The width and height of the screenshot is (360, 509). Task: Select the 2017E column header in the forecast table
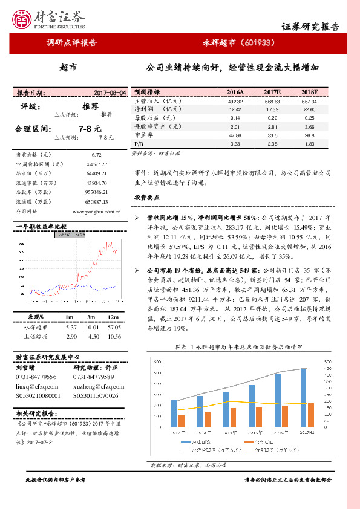click(x=272, y=91)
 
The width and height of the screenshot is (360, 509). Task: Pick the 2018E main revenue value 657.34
click(x=309, y=101)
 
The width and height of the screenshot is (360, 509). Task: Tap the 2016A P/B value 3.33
click(x=235, y=144)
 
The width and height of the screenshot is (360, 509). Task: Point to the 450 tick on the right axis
click(x=328, y=368)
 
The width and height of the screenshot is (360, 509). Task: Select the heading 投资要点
click(x=146, y=198)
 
